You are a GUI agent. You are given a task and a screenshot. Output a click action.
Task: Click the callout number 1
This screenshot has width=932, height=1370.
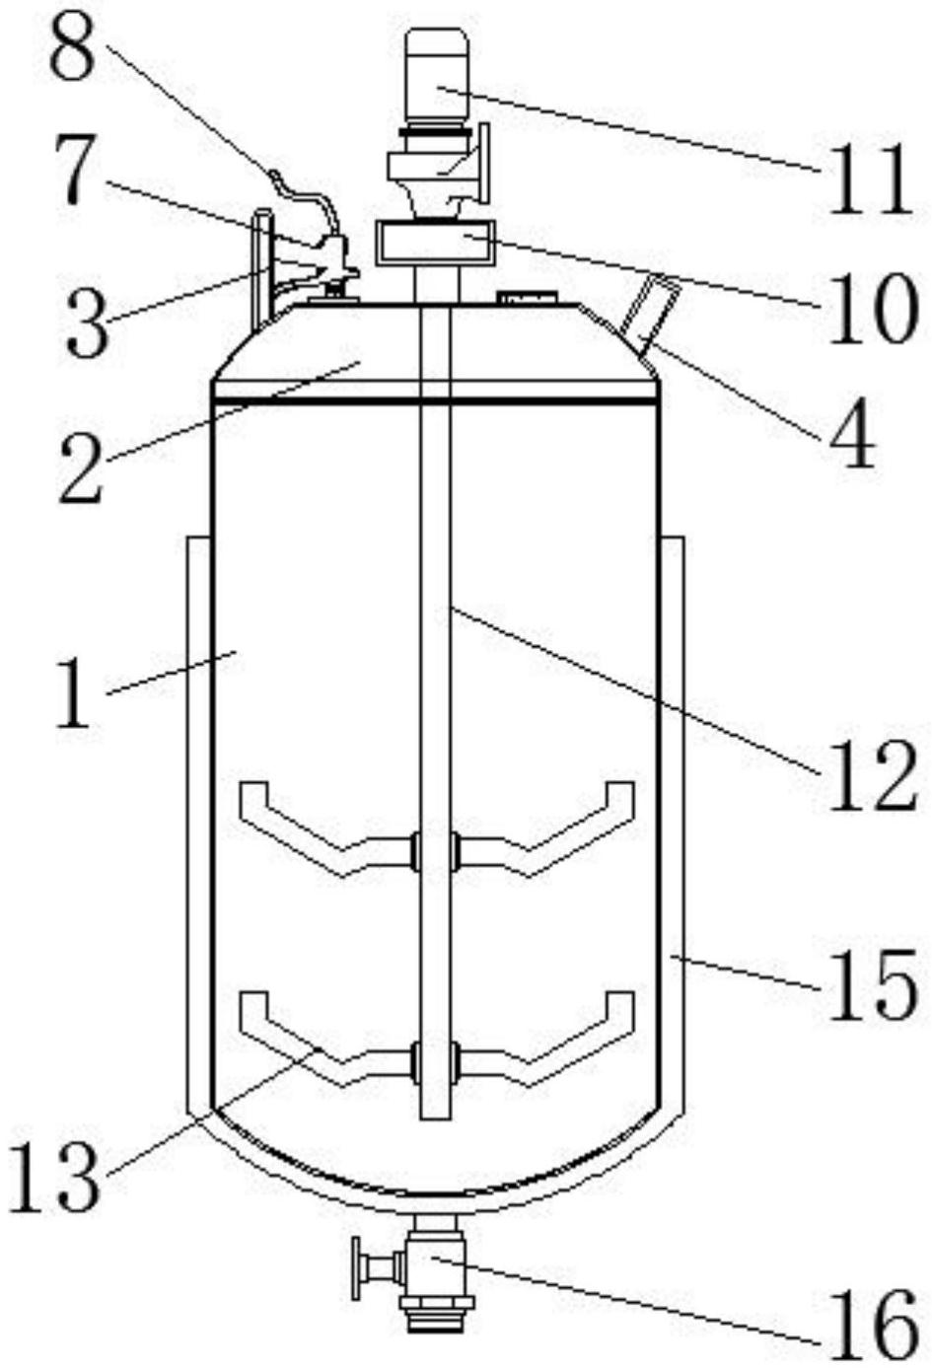[73, 693]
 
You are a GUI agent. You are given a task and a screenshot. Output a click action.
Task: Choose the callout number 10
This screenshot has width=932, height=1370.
[873, 308]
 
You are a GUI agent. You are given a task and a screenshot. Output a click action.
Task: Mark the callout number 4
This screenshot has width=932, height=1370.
[853, 433]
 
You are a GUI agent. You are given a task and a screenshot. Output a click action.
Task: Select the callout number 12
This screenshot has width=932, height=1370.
[873, 776]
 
